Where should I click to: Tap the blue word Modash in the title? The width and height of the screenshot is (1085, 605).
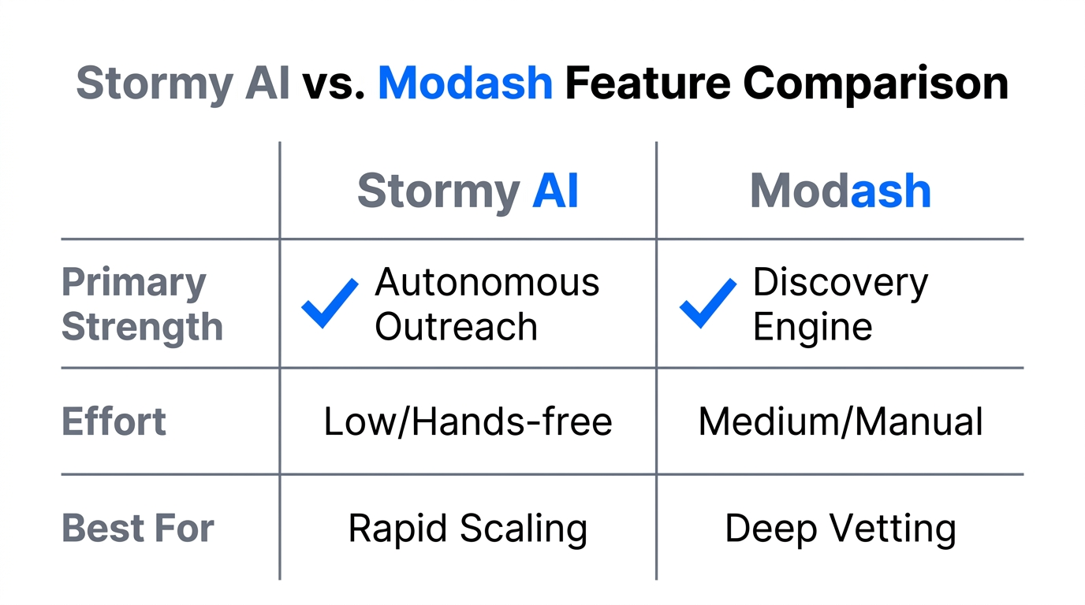[x=465, y=83]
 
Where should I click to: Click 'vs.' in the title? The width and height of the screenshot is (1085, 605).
[x=334, y=83]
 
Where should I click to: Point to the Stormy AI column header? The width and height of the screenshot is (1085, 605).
[x=468, y=191]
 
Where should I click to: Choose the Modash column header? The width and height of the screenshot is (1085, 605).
[x=841, y=191]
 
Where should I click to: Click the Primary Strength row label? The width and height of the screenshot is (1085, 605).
[x=142, y=304]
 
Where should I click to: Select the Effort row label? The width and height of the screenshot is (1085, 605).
[x=114, y=421]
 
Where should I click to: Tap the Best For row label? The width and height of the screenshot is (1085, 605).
[x=138, y=528]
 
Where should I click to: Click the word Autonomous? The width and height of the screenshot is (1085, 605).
[x=487, y=282]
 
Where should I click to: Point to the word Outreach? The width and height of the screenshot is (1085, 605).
[x=456, y=327]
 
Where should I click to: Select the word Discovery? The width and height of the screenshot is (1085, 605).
[x=841, y=282]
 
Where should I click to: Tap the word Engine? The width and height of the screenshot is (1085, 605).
[x=812, y=327]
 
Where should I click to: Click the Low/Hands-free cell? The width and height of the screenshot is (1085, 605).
[x=468, y=421]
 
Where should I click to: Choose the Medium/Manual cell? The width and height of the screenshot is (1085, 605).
[x=841, y=421]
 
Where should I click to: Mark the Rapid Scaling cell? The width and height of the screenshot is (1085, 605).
[x=468, y=528]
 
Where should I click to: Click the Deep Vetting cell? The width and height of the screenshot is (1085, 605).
[x=841, y=528]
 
